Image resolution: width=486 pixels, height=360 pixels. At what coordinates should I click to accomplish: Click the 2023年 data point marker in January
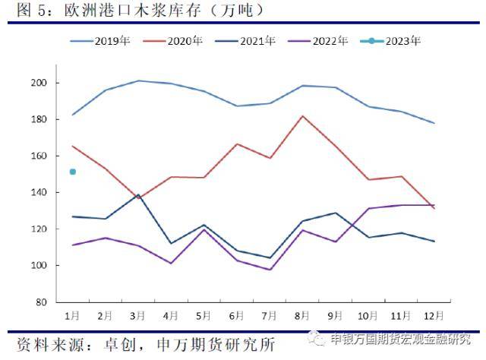[73, 172]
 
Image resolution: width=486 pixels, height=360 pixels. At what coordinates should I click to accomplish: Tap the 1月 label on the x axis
[73, 314]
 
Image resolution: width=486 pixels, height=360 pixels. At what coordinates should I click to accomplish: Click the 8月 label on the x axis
[303, 314]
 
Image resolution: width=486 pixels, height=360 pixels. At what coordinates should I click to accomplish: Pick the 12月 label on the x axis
[434, 314]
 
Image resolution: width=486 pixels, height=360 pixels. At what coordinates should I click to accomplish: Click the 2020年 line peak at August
[303, 116]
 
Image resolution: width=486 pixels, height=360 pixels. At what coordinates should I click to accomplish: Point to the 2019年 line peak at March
[138, 81]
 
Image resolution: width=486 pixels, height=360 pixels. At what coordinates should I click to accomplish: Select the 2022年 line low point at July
[270, 270]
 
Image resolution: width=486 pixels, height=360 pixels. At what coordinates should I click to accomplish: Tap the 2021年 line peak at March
[138, 195]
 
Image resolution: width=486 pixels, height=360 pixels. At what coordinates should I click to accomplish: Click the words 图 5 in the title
[23, 11]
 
